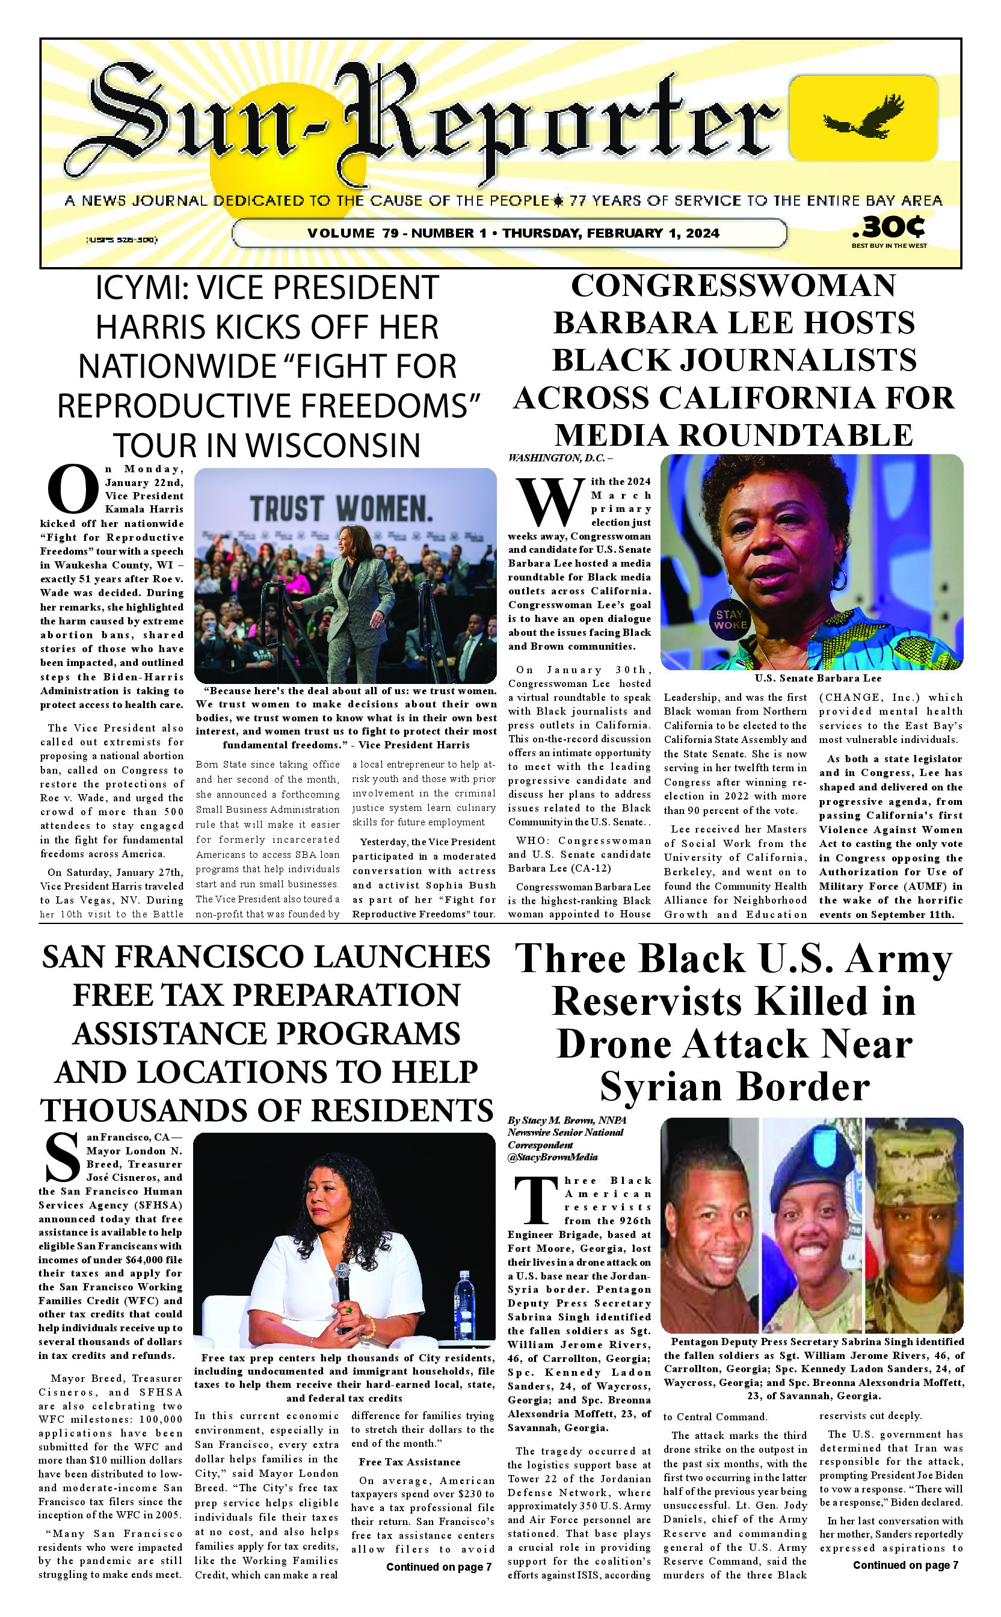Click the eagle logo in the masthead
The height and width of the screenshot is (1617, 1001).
(x=863, y=117)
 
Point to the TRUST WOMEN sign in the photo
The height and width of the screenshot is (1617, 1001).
(x=342, y=509)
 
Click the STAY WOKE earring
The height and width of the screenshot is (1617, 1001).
(x=730, y=620)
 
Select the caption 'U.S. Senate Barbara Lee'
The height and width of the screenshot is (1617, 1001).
(x=818, y=678)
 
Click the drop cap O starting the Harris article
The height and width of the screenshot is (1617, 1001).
(x=73, y=490)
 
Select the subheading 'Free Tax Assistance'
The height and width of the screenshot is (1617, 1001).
(x=410, y=1461)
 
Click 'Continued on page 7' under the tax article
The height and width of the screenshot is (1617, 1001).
(x=439, y=1566)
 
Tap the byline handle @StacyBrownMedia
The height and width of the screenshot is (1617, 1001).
(x=553, y=1157)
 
